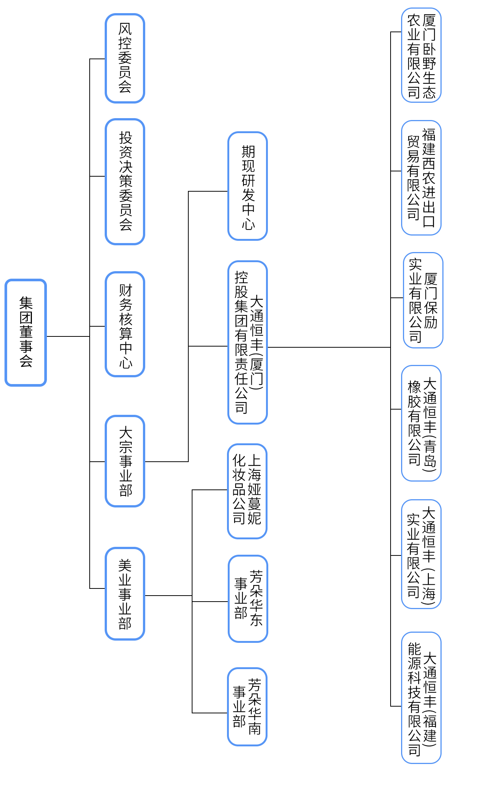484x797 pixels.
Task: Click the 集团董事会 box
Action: tap(26, 332)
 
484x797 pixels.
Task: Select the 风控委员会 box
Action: tap(125, 58)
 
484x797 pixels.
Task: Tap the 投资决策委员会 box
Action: tap(125, 182)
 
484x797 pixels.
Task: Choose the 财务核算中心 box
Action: tap(125, 324)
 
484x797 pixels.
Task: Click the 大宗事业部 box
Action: tap(125, 461)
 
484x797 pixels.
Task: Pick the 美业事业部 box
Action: tap(125, 594)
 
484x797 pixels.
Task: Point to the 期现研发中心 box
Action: tap(248, 186)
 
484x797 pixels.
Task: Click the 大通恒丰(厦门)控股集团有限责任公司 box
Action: tap(248, 342)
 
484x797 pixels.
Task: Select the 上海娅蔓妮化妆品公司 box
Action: tap(247, 491)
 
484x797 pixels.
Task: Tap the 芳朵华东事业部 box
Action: tap(248, 599)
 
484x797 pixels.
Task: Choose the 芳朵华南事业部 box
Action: tap(247, 707)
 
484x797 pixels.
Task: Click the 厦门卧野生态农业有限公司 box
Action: tap(421, 55)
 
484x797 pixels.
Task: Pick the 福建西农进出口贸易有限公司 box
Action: tap(421, 178)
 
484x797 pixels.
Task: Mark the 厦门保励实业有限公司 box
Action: tap(423, 300)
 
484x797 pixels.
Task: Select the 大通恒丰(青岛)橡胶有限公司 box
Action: tap(421, 423)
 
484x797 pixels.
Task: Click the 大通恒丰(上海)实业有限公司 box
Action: tap(421, 554)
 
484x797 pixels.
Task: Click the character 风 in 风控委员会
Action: tap(125, 29)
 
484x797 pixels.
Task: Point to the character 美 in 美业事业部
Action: tap(125, 566)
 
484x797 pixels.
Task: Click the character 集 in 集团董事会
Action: tap(26, 303)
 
